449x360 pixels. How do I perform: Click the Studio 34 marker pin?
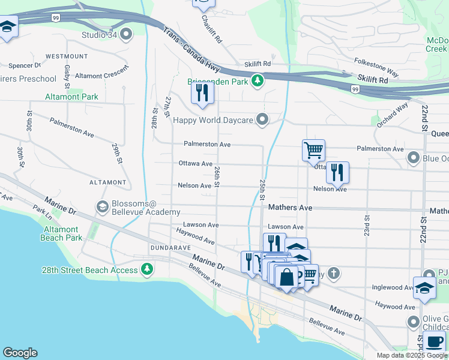tap(126, 34)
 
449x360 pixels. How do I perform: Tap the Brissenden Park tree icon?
tap(258, 80)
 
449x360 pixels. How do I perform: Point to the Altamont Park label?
tap(71, 97)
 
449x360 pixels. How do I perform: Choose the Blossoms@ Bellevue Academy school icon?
tap(102, 207)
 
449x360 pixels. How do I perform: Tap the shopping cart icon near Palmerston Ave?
tap(313, 150)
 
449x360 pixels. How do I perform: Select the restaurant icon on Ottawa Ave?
tap(337, 172)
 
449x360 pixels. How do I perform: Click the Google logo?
tap(20, 353)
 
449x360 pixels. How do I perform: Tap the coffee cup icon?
tap(434, 342)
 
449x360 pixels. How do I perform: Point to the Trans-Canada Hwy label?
tap(191, 48)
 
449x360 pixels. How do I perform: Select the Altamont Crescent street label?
tap(102, 73)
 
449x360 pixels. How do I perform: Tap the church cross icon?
tap(334, 274)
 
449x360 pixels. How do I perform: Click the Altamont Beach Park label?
tap(60, 233)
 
